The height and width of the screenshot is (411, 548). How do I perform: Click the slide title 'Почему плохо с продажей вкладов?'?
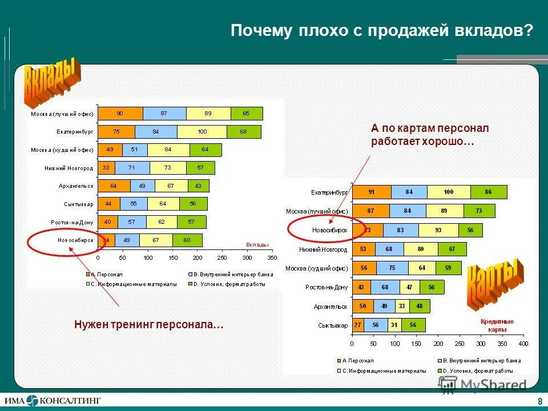pos(381,31)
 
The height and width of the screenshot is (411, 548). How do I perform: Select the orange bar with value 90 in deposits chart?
pos(120,114)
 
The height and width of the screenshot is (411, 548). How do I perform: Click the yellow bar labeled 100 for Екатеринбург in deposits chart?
pos(202,132)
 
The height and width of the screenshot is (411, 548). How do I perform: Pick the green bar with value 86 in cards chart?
pos(488,192)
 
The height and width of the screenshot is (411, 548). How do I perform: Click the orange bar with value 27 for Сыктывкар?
pos(358,325)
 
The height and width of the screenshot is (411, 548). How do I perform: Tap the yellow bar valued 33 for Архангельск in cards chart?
pos(402,307)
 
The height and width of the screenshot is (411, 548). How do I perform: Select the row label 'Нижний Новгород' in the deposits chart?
pos(68,168)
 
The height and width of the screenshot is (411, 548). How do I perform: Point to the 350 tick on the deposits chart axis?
pos(272,258)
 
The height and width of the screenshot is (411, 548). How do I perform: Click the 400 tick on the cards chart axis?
pos(523,344)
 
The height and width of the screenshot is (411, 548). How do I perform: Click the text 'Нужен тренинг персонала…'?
pos(148,325)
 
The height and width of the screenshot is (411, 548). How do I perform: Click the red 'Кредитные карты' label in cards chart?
pos(497,325)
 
